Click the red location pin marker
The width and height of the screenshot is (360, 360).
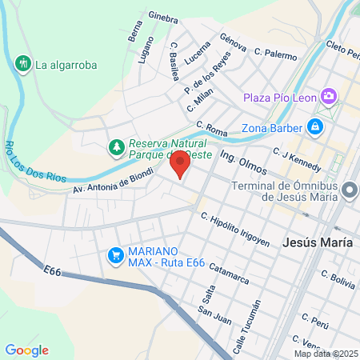(180, 166)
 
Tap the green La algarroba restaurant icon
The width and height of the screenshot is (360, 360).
(22, 63)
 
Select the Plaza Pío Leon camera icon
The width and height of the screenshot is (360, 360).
(329, 98)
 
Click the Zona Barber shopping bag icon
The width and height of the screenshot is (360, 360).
(316, 126)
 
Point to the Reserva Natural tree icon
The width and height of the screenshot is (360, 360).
(117, 148)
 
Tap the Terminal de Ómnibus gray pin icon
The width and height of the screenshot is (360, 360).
(350, 190)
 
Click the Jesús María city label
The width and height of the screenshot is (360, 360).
(318, 242)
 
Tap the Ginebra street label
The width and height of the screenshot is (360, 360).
(162, 17)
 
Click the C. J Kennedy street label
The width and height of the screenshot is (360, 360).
(295, 158)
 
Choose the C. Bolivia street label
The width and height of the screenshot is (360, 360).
(338, 280)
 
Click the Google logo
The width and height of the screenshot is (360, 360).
(26, 350)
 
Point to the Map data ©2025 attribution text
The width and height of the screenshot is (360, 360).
(326, 354)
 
